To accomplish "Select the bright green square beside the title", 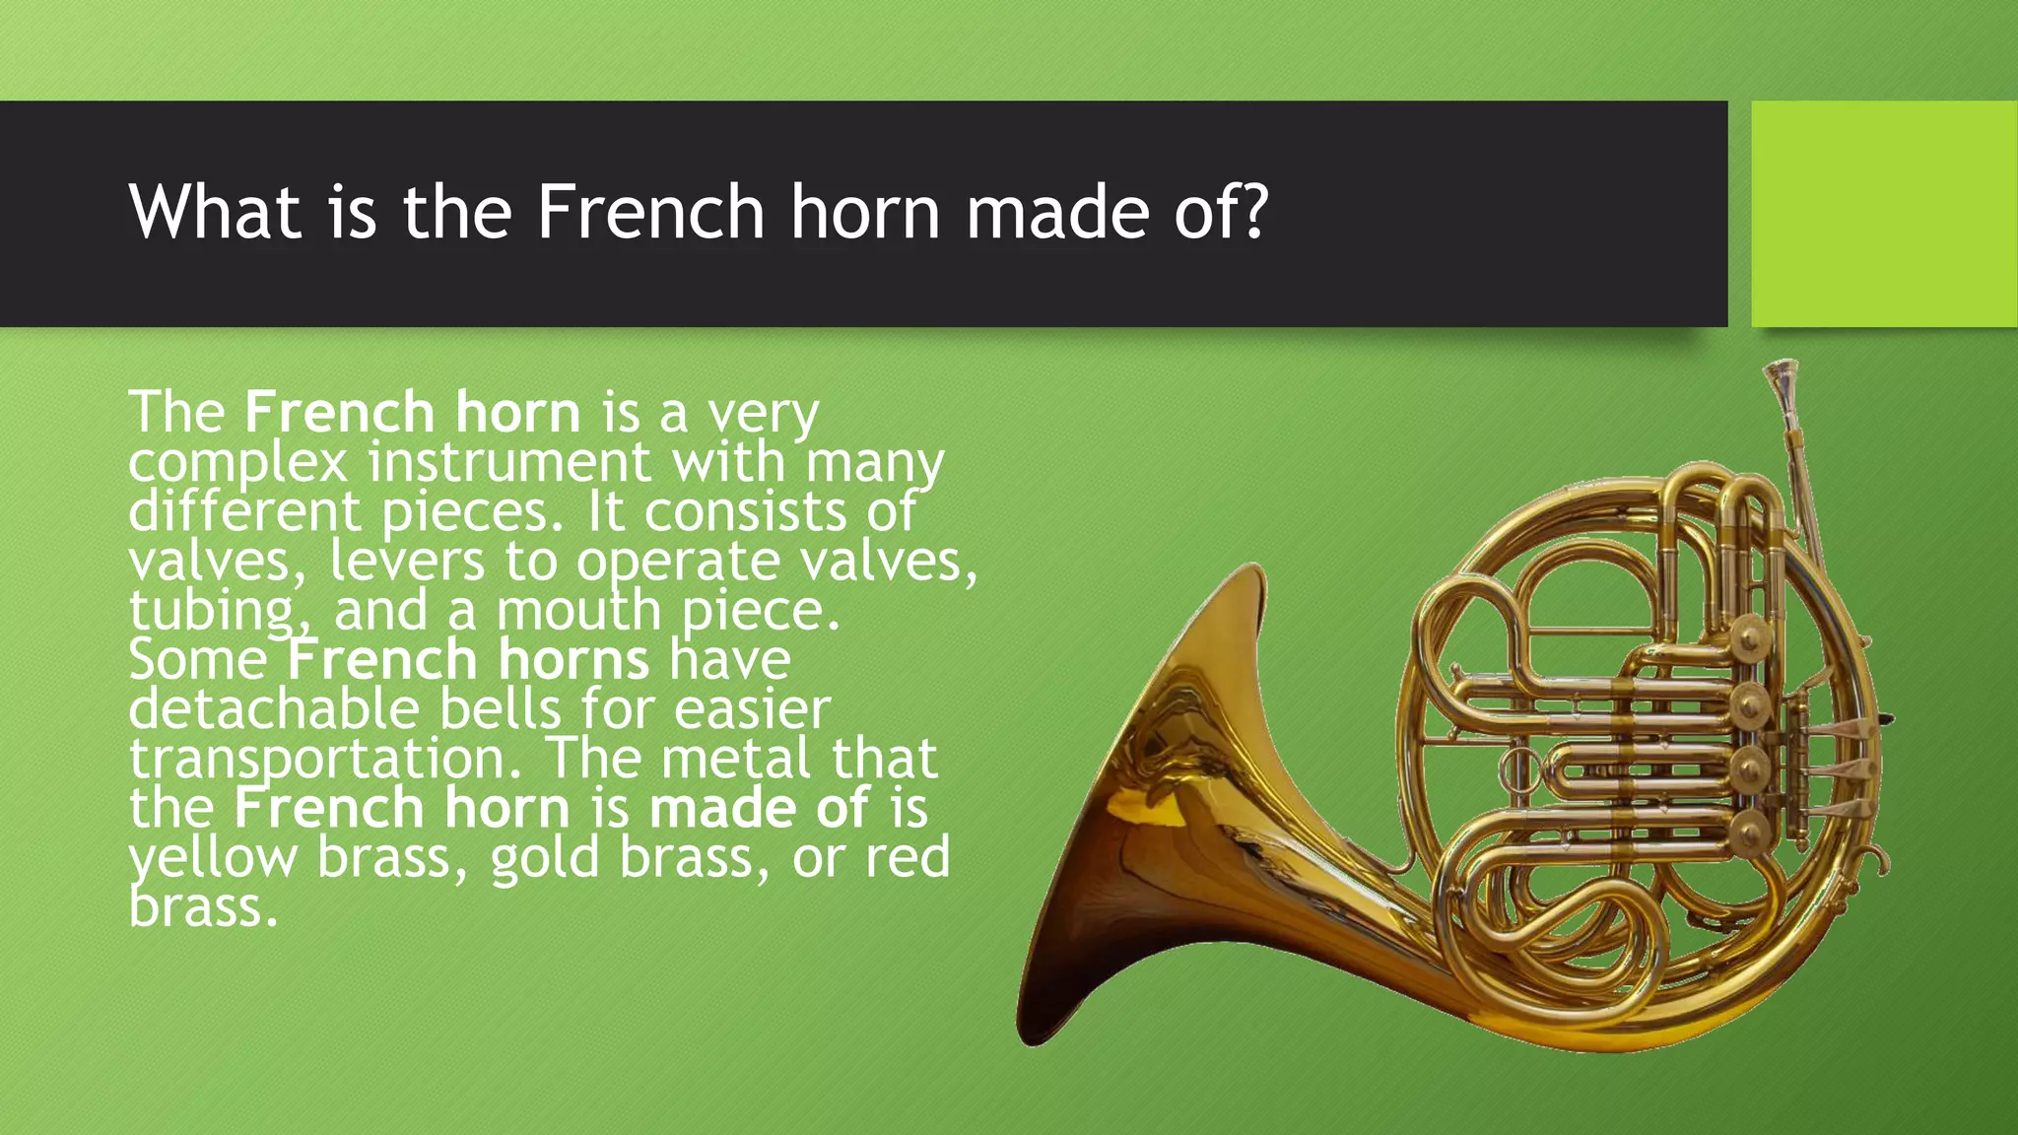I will tap(1884, 214).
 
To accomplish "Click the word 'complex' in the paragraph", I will tap(237, 463).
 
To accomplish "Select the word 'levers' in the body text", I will tap(406, 561).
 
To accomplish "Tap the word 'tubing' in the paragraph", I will tap(212, 611).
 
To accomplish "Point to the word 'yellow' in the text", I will tap(212, 858).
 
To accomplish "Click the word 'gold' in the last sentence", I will tap(545, 858).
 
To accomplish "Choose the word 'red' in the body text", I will tap(908, 858).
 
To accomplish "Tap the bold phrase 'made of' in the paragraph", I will tap(759, 808).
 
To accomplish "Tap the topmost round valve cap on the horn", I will tap(1750, 638).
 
